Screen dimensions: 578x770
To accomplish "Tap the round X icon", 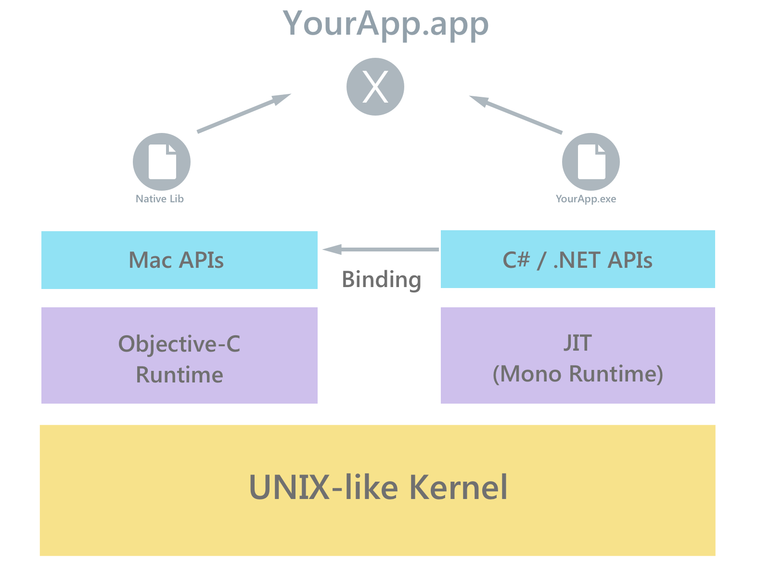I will coord(375,87).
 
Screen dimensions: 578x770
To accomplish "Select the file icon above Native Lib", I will coord(162,162).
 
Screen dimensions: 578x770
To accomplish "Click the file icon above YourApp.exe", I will coord(591,162).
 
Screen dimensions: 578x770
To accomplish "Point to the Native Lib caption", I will coord(160,199).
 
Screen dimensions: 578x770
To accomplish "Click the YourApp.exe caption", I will coord(586,199).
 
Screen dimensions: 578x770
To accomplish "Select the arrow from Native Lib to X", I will coord(244,113).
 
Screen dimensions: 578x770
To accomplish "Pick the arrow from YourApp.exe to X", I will coord(516,115).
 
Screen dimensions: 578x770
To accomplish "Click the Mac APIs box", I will coord(180,260).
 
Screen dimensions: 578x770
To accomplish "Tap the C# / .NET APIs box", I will coord(577,260).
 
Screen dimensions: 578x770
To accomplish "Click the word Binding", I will coord(381,280).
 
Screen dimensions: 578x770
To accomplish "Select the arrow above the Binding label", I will coord(381,249).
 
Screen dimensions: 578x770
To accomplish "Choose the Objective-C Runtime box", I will coord(180,355).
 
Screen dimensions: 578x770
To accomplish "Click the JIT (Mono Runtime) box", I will coord(577,355).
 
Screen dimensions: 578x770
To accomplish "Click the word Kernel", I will coord(458,487).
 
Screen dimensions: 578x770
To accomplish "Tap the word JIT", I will coord(577,343).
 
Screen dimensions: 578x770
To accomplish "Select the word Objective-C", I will coord(179,344).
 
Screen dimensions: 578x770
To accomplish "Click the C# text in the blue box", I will coord(516,260).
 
